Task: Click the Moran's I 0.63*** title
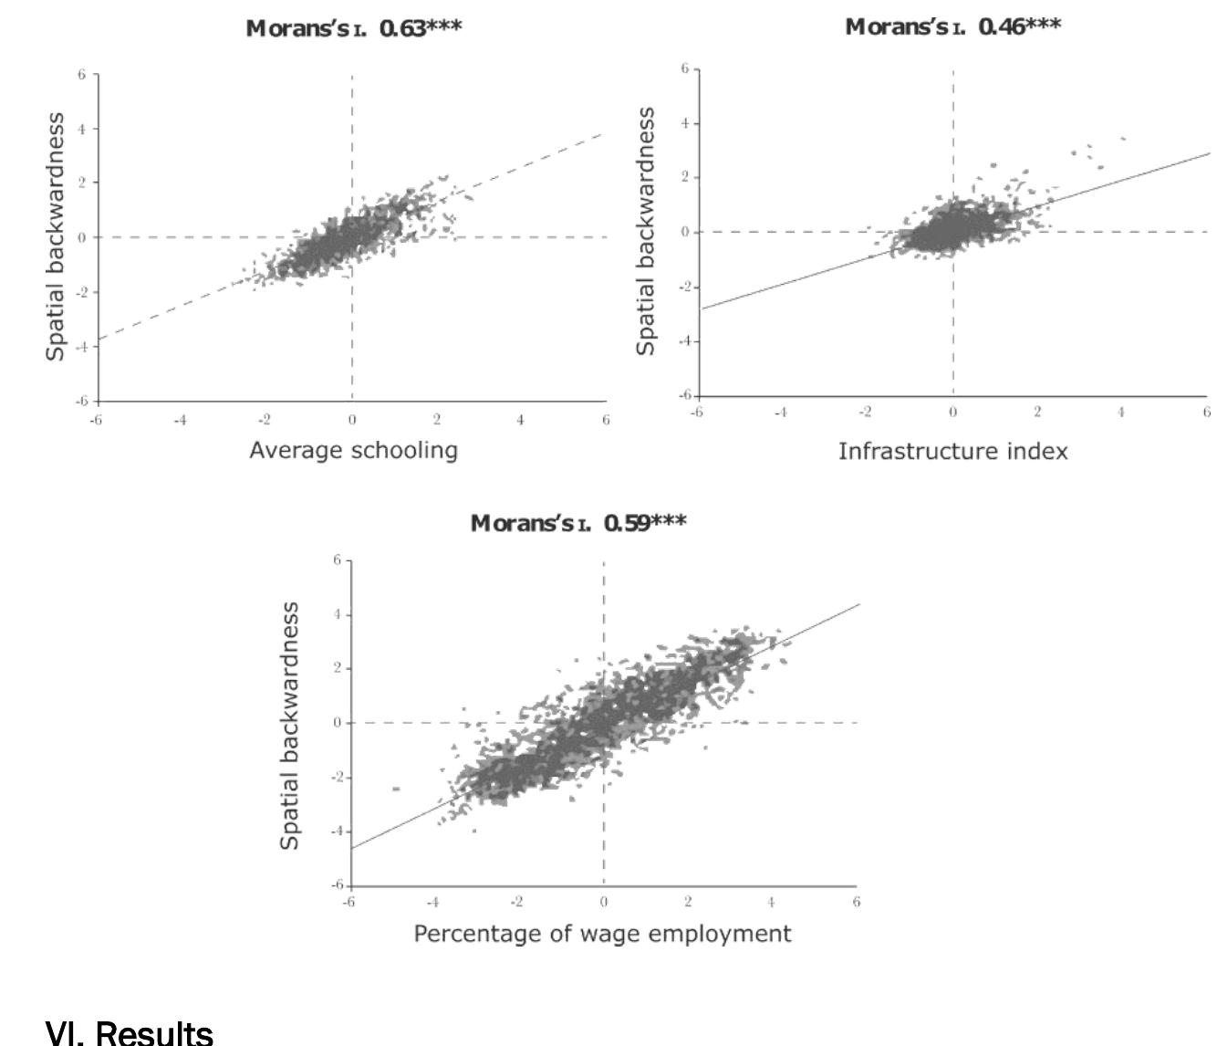(354, 27)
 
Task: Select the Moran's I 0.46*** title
(952, 26)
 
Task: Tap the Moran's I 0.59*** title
(577, 523)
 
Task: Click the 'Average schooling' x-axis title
(353, 450)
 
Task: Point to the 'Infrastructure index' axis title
(952, 451)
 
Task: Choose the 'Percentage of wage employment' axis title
(602, 934)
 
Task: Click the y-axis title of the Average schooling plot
(57, 236)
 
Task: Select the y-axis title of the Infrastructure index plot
(647, 231)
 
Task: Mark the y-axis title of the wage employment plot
(289, 726)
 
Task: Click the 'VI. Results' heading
(129, 1032)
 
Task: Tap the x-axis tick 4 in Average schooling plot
(521, 420)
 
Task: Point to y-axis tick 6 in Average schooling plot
(81, 74)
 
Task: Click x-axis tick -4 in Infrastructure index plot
(780, 413)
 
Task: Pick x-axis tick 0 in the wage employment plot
(603, 902)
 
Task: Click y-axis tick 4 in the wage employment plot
(336, 614)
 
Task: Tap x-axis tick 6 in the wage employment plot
(856, 902)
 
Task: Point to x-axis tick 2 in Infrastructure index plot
(1037, 413)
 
